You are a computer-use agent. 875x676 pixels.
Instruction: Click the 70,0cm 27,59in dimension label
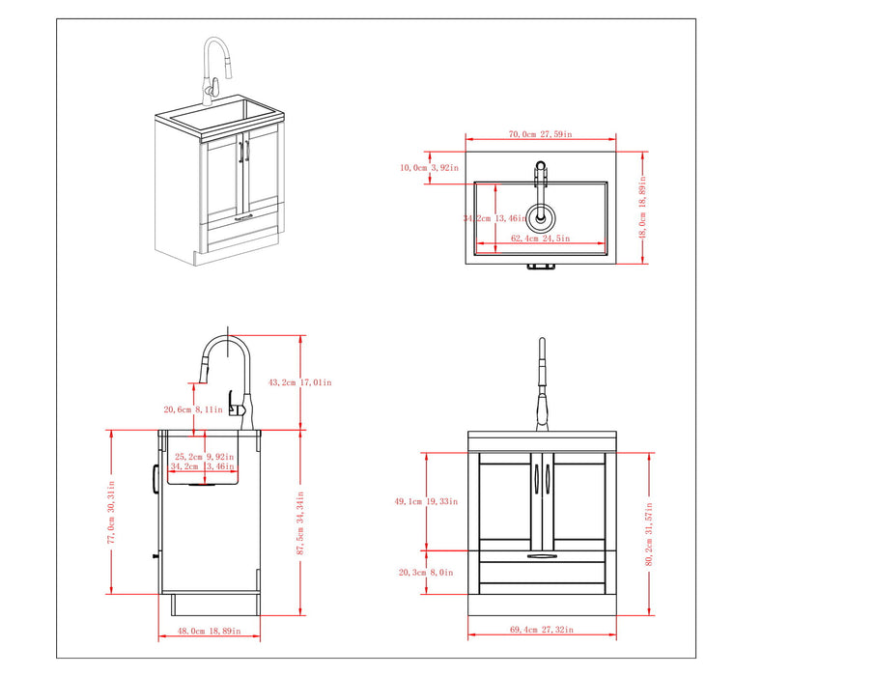pyautogui.click(x=541, y=135)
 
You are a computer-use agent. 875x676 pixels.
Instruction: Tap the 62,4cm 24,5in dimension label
pyautogui.click(x=541, y=239)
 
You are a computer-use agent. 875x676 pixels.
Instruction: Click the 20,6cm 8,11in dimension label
pyautogui.click(x=192, y=409)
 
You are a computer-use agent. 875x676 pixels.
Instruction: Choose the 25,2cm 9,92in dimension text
pyautogui.click(x=204, y=457)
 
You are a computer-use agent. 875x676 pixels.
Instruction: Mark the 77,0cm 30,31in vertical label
pyautogui.click(x=111, y=512)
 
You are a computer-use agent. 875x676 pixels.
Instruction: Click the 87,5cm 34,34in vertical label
pyautogui.click(x=301, y=526)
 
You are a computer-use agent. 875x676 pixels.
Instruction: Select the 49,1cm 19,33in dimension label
pyautogui.click(x=426, y=501)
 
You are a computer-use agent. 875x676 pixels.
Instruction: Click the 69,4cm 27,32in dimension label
pyautogui.click(x=541, y=630)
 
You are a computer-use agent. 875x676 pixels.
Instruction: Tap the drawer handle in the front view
pyautogui.click(x=542, y=556)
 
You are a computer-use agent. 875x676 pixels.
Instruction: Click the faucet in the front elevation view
pyautogui.click(x=542, y=386)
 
